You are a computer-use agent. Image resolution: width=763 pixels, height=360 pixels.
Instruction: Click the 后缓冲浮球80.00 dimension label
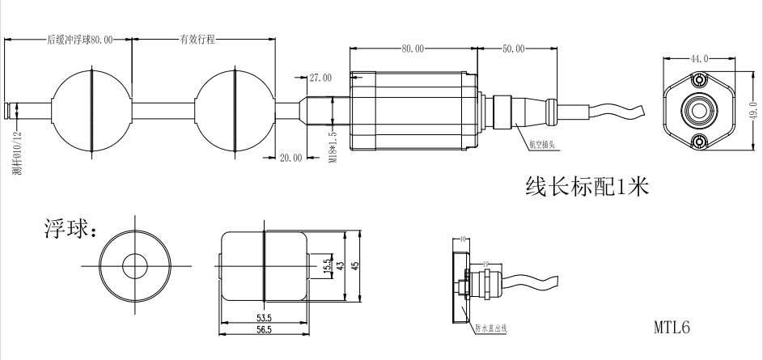coord(79,39)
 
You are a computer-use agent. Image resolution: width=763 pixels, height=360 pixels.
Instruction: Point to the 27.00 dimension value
coord(320,78)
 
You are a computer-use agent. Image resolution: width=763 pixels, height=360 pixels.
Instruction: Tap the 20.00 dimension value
coord(290,158)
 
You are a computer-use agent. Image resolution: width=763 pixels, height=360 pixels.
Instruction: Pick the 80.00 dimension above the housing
coord(412,49)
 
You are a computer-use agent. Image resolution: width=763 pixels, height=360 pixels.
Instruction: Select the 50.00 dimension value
coord(512,49)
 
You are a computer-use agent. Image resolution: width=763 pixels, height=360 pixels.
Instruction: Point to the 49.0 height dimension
coord(752,109)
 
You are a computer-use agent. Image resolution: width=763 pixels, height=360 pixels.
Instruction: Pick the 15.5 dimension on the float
coord(326,266)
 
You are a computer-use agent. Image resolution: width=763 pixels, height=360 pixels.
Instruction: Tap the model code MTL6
coord(672,328)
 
